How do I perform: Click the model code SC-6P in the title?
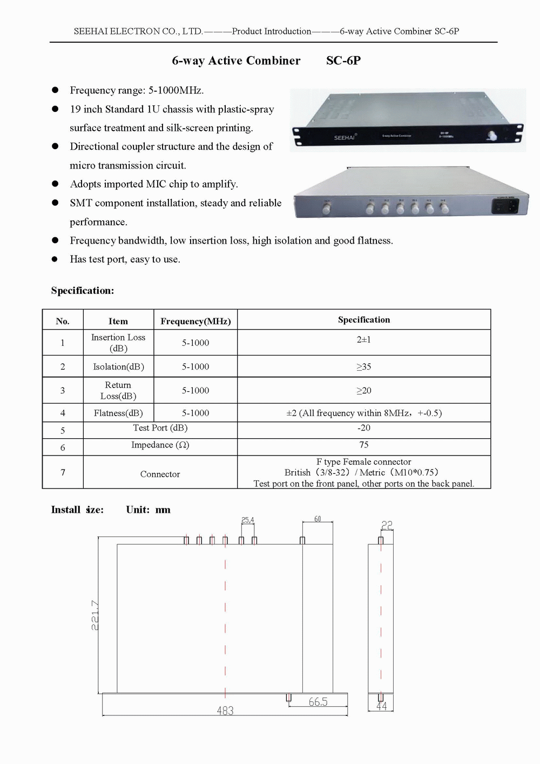click(343, 61)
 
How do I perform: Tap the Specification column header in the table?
click(363, 319)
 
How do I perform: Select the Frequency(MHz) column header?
click(195, 321)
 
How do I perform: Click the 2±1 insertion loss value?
click(363, 340)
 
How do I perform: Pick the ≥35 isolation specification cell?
click(363, 366)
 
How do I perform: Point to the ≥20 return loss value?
click(363, 390)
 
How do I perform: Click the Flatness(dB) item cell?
click(118, 413)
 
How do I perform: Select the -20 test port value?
click(363, 428)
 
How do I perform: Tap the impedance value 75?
click(363, 445)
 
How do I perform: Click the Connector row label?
click(160, 474)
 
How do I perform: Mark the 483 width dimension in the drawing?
click(225, 711)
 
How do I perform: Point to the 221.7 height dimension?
click(95, 615)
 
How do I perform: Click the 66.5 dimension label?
click(318, 702)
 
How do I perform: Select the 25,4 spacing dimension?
click(247, 520)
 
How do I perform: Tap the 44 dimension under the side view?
click(381, 706)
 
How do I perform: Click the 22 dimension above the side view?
click(387, 525)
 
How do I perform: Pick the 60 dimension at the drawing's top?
click(318, 519)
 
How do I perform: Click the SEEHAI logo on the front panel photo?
click(345, 138)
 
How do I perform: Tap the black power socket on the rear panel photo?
click(505, 206)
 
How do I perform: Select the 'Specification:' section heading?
click(83, 291)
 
